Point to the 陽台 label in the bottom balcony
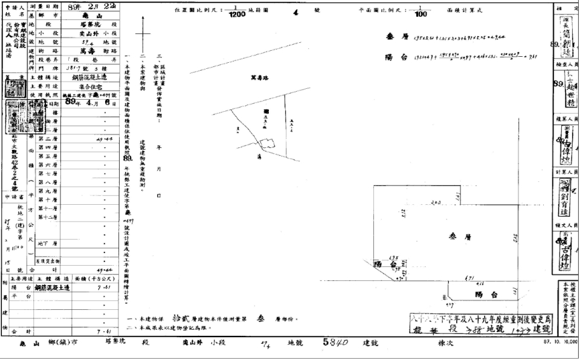[486, 295]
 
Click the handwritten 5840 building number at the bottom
[337, 342]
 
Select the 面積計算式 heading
[478, 11]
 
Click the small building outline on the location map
[266, 144]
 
